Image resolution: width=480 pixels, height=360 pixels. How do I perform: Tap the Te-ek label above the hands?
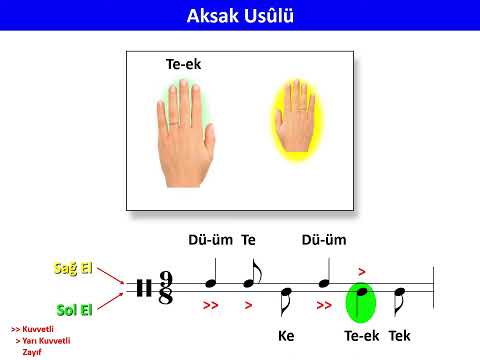coord(183,64)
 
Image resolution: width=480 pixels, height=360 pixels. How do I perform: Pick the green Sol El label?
coord(75,309)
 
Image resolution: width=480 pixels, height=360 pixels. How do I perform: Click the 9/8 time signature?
coord(165,289)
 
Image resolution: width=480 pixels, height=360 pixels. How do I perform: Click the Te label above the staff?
coord(249,240)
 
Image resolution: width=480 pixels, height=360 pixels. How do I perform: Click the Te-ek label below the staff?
coord(361,335)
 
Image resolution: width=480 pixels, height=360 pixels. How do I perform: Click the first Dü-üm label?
coord(210,240)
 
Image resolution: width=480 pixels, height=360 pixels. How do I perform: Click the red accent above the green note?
coord(362,270)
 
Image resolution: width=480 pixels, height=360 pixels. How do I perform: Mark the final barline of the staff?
coord(433,289)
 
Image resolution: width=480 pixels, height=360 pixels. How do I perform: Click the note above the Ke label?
coord(286,300)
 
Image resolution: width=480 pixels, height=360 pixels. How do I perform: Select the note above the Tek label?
coord(399,300)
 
